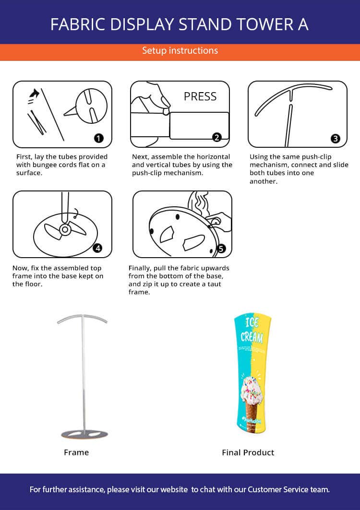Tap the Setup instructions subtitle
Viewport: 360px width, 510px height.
tap(180, 51)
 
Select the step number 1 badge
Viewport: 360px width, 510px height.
tap(98, 138)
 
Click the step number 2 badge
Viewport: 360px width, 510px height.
tap(217, 137)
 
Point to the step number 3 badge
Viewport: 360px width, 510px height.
tap(335, 139)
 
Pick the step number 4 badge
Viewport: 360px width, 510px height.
tap(97, 249)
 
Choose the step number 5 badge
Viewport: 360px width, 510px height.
tap(221, 249)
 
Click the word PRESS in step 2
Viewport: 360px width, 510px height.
tap(200, 96)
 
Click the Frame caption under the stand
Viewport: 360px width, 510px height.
tap(76, 452)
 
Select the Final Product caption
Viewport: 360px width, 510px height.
tap(248, 452)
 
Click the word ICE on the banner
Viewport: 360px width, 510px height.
tap(252, 322)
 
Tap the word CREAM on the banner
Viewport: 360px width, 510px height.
tap(252, 337)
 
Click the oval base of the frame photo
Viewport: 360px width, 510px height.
tap(84, 434)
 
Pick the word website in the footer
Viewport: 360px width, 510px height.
tap(174, 489)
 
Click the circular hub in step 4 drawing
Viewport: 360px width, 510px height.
tap(65, 230)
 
